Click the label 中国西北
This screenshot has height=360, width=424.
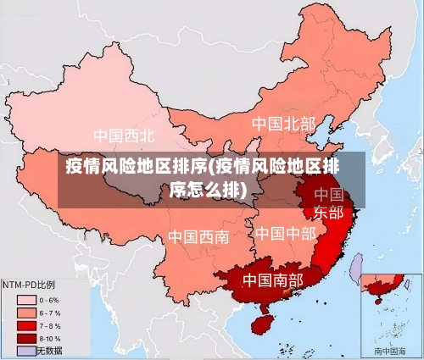(x=124, y=136)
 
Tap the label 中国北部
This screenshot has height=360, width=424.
(x=283, y=125)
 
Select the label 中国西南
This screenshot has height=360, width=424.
(x=198, y=236)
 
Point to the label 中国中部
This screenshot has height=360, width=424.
(x=285, y=233)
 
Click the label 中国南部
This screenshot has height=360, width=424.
(x=272, y=280)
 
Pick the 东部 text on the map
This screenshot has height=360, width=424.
(x=329, y=212)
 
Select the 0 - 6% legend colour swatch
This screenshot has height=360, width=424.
(x=27, y=300)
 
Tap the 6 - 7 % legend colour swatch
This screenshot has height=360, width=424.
(x=27, y=313)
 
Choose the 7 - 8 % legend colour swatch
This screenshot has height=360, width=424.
(x=27, y=325)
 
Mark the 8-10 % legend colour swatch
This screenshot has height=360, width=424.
(x=27, y=338)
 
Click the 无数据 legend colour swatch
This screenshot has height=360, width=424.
(x=27, y=350)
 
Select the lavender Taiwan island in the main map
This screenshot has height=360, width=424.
(x=357, y=270)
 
